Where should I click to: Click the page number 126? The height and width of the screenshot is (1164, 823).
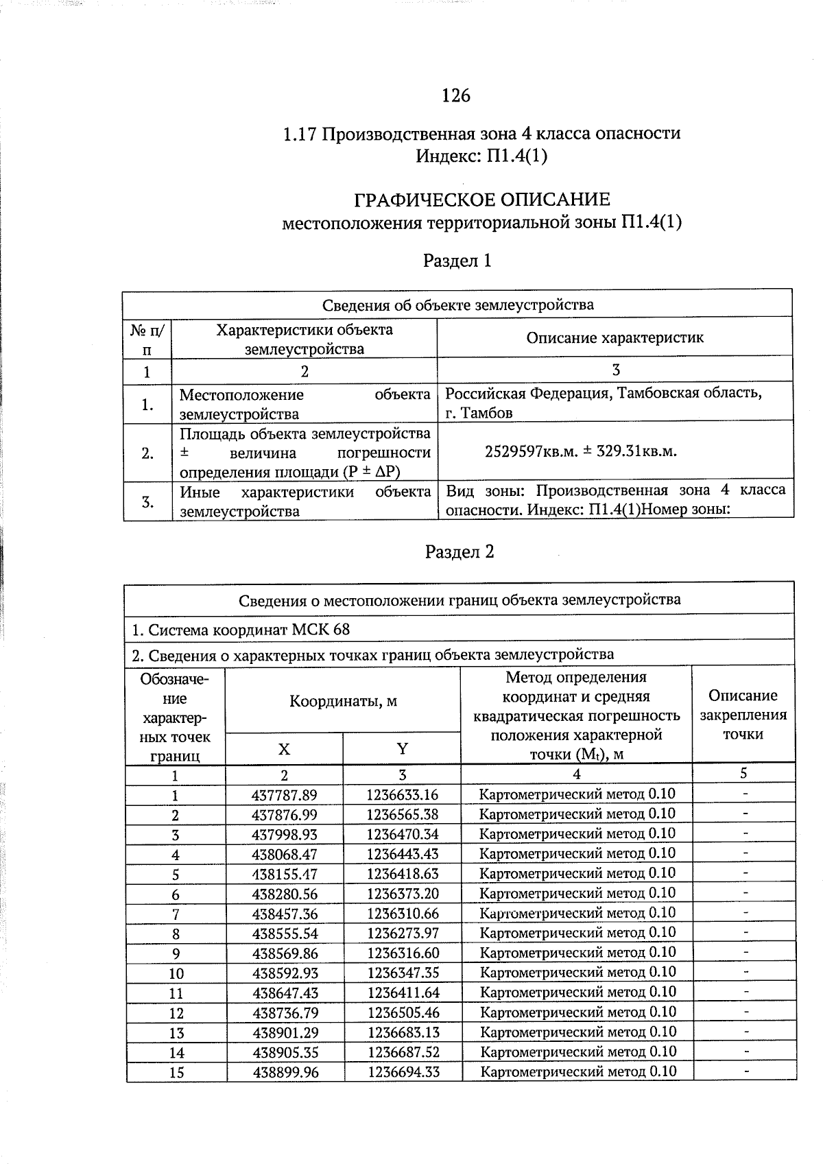tap(456, 96)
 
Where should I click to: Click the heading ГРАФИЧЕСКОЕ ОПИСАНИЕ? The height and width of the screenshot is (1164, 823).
tap(481, 200)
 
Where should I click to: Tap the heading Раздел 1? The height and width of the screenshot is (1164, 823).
tap(457, 261)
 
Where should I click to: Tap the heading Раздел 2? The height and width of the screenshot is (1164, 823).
tap(459, 552)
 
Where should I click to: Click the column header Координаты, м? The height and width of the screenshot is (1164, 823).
tap(343, 701)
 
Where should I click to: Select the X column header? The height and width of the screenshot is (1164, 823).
tap(284, 749)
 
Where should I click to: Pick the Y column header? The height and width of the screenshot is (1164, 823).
tap(403, 748)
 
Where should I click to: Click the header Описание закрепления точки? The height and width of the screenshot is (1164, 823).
tap(743, 715)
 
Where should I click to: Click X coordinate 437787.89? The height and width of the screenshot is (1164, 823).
tap(285, 795)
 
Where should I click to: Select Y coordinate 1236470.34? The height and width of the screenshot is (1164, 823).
tap(402, 835)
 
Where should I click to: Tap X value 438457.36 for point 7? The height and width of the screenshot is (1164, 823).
tap(285, 914)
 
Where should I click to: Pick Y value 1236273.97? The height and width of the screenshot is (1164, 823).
tap(402, 934)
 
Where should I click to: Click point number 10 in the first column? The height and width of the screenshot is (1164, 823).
tap(176, 973)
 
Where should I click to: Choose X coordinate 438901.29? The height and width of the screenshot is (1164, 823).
tap(285, 1032)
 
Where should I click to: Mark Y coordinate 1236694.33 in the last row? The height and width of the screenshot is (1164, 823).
tap(403, 1072)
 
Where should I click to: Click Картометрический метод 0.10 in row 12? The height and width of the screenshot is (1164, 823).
tap(577, 1012)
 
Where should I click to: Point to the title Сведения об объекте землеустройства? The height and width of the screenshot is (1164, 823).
tap(457, 305)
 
